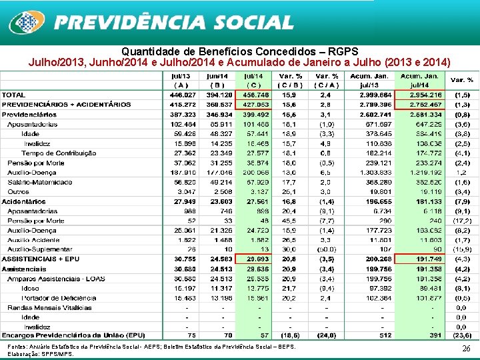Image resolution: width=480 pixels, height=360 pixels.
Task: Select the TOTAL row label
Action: [x=14, y=95]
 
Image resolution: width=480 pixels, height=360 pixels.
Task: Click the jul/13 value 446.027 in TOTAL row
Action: [x=181, y=95]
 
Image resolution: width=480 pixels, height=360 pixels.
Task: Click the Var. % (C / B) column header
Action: [x=291, y=81]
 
